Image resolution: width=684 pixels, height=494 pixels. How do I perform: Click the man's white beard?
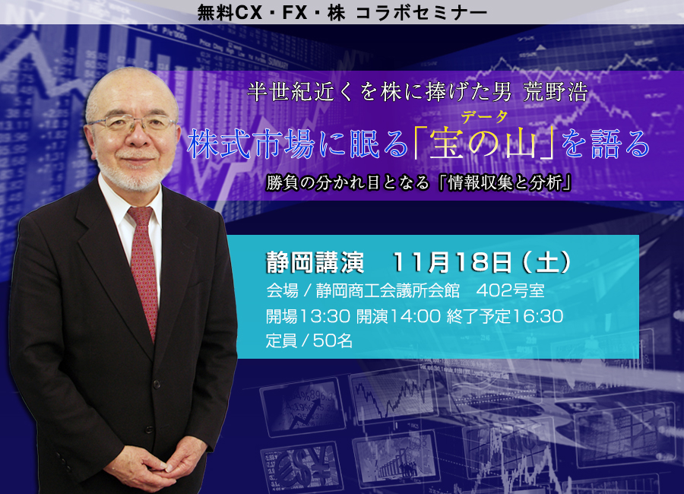(132, 173)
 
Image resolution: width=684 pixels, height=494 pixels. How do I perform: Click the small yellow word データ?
(484, 117)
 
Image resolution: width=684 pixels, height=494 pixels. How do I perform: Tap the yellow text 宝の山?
(483, 144)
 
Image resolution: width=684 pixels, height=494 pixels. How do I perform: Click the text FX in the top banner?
(295, 13)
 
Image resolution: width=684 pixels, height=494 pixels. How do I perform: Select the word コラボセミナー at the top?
(421, 13)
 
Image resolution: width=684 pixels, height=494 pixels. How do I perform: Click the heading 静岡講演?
(315, 263)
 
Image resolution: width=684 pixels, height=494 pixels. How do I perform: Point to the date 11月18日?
(451, 263)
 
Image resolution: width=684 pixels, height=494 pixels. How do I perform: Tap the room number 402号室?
(511, 290)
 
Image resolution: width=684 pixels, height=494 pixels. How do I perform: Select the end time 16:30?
(537, 316)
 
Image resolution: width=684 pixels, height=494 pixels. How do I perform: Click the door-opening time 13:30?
(324, 316)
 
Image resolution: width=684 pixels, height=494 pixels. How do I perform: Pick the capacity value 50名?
(333, 340)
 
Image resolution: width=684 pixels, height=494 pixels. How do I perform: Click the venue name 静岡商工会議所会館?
(388, 290)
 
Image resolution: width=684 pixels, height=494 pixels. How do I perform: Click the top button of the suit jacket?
(156, 385)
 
